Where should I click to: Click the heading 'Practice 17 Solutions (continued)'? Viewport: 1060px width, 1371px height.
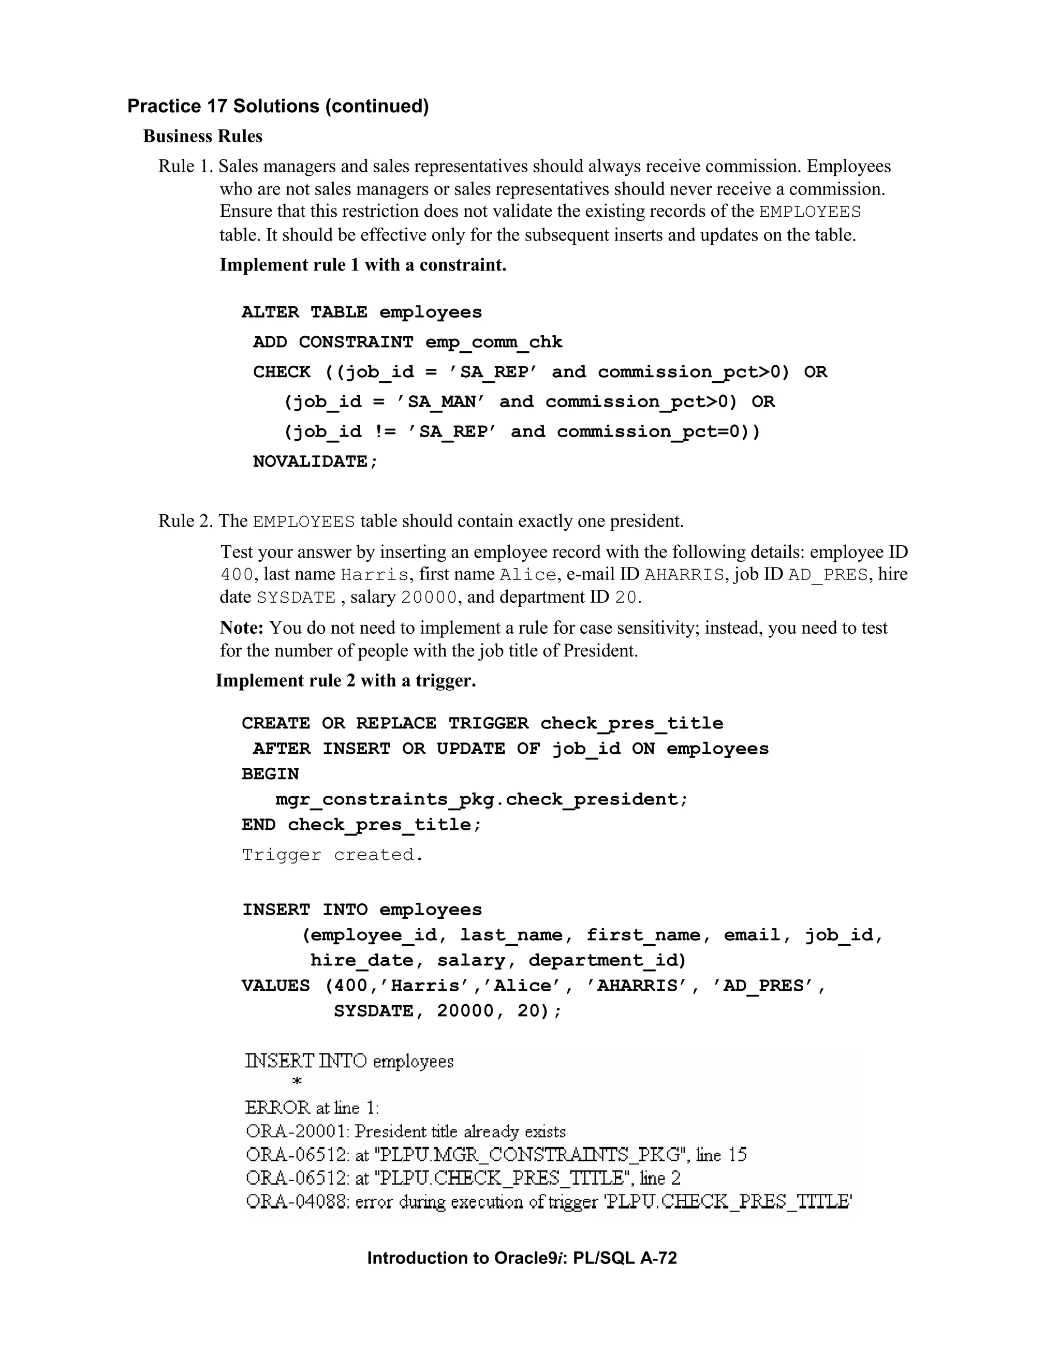(x=277, y=106)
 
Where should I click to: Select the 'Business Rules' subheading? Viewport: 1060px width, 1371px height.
(x=203, y=136)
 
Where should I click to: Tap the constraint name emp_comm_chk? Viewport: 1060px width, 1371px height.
(x=494, y=342)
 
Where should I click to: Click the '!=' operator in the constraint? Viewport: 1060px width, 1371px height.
(x=386, y=432)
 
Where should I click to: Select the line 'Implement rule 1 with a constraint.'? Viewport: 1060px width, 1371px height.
(x=363, y=265)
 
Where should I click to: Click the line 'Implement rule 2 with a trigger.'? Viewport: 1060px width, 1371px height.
(x=346, y=680)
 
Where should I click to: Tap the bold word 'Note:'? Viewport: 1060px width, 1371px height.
(x=242, y=628)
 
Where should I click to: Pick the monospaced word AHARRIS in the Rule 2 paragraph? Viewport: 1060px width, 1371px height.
(x=684, y=574)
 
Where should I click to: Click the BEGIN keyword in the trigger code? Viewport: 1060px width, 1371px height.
(x=271, y=774)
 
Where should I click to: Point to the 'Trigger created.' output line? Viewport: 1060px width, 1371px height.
(x=333, y=855)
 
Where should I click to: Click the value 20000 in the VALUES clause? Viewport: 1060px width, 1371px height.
(x=465, y=1011)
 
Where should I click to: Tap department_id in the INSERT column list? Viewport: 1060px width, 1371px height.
(x=607, y=960)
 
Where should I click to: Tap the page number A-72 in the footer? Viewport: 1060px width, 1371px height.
(x=659, y=1258)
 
